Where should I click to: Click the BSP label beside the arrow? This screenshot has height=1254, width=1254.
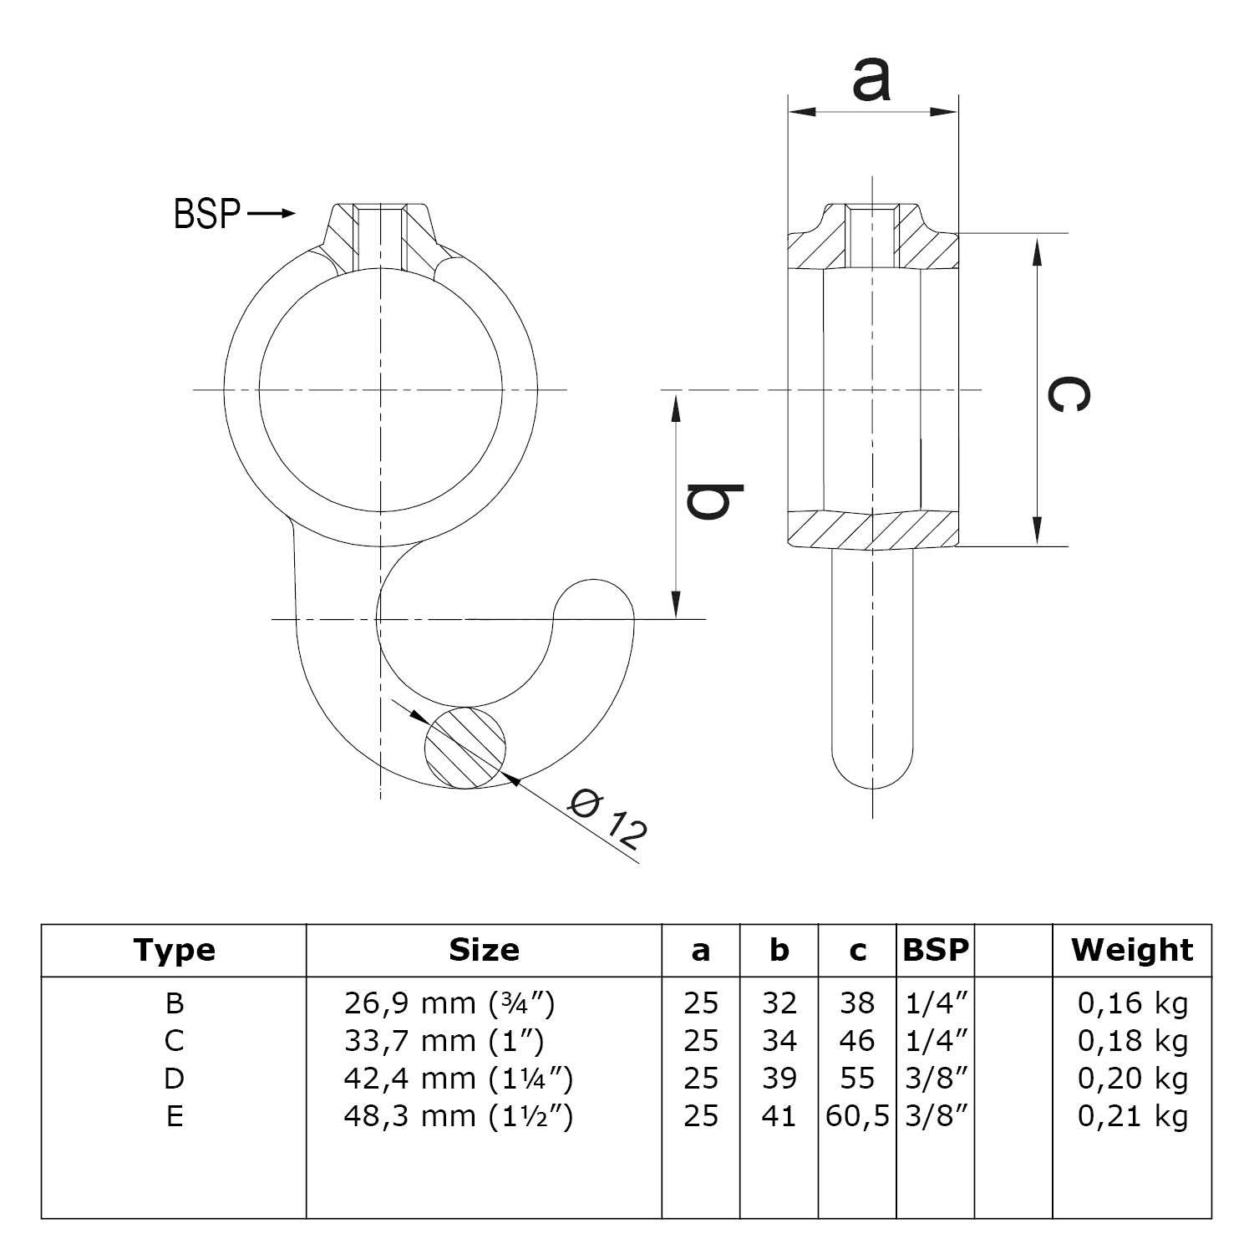point(207,214)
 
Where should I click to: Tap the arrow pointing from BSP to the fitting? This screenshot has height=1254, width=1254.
point(272,214)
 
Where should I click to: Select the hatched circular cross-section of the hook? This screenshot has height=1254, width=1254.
point(465,747)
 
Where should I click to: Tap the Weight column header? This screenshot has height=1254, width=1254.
point(1132,950)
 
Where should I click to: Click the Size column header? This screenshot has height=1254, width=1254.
point(484,950)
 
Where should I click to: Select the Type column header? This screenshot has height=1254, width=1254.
point(174,950)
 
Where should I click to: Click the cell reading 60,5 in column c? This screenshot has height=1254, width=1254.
point(857,1116)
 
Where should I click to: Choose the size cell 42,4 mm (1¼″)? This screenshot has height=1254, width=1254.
point(458,1079)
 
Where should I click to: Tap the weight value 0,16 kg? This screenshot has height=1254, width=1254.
point(1132,1003)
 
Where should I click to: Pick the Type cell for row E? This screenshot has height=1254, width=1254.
point(174,1116)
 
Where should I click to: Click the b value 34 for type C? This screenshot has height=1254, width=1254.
point(779,1041)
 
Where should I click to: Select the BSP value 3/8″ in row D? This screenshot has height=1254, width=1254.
point(936,1079)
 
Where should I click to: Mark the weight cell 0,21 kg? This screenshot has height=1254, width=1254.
point(1132,1116)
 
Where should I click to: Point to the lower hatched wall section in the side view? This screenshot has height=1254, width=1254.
point(873,530)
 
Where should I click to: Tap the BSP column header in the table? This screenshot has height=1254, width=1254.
point(936,950)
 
